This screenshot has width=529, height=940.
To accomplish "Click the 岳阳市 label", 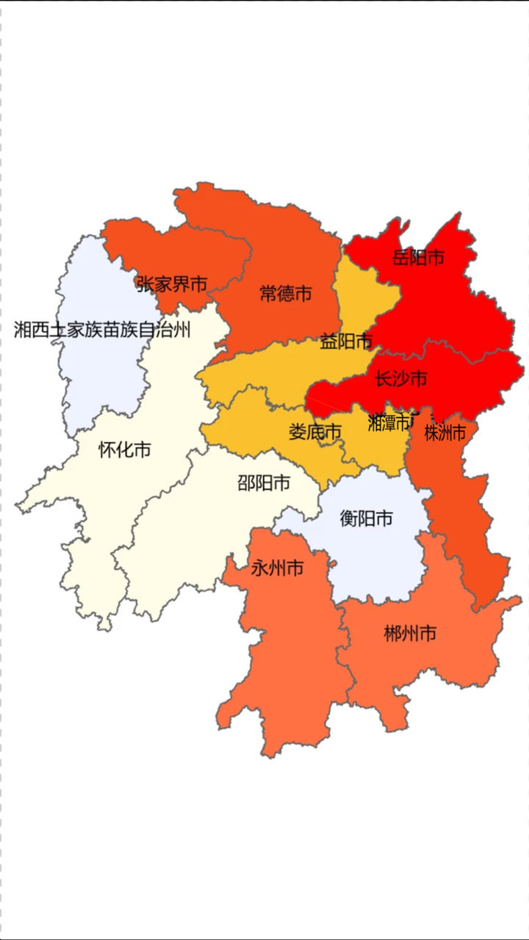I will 418,258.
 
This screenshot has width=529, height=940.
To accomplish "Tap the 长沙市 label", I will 400,379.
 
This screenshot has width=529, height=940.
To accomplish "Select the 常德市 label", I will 286,294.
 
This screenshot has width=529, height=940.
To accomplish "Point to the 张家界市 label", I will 172,284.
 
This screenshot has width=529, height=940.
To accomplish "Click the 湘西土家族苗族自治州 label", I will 102,330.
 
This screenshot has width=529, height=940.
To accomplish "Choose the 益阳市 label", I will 346,341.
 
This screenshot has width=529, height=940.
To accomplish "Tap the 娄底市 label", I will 315,432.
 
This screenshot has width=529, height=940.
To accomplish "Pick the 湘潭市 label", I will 389,422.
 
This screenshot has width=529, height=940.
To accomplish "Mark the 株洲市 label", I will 445,433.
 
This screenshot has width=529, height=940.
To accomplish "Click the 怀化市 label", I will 124,449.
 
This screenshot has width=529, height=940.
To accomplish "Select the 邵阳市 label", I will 263,482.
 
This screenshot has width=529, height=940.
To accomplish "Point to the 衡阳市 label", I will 366,518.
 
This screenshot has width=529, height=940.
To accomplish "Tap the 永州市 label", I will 277,568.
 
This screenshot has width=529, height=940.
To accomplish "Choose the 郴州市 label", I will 410,633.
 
